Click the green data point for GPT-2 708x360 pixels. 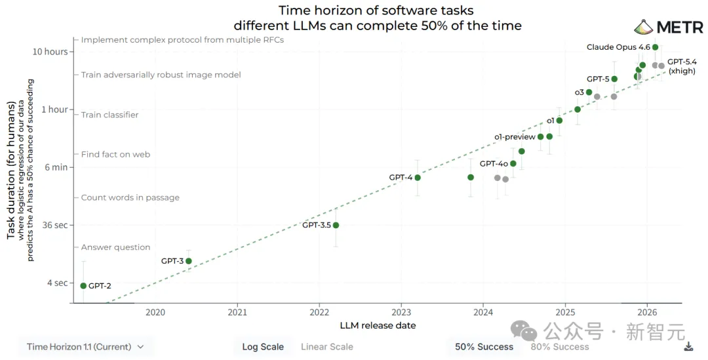pos(83,285)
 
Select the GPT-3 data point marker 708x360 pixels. pos(189,261)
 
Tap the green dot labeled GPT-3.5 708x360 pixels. pos(336,225)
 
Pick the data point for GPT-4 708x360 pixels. pos(418,178)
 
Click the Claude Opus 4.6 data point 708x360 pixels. pos(655,47)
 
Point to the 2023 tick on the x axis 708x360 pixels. pos(401,312)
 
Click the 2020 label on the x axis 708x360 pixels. pos(155,312)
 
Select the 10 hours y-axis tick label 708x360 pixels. pos(51,52)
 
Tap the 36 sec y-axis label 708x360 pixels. pos(55,225)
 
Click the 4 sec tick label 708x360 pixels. pos(56,283)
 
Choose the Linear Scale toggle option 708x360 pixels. pos(326,347)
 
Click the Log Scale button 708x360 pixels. pos(263,347)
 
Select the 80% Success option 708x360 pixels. pos(559,347)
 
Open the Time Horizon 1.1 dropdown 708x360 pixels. pos(85,347)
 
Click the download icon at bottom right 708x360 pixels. pos(688,347)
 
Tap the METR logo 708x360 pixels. pos(668,28)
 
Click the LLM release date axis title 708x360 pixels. pos(378,325)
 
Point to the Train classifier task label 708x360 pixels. pos(109,115)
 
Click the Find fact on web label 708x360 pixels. pos(115,155)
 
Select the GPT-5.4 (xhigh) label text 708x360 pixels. pos(682,66)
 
